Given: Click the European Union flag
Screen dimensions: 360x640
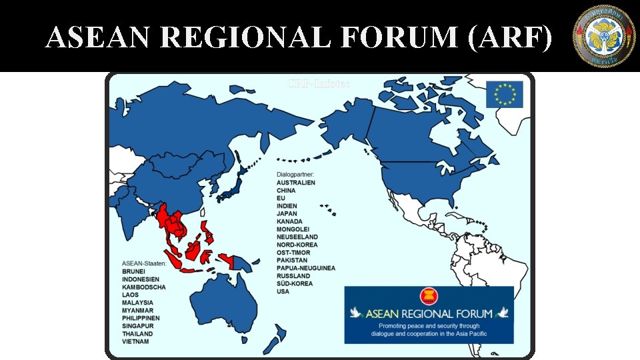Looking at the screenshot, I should [x=504, y=94].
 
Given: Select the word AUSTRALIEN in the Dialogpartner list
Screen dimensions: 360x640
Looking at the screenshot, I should [x=296, y=183].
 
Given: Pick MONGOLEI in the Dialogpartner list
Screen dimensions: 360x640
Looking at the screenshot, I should [x=293, y=229].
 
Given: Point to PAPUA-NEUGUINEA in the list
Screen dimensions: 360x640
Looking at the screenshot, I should [x=306, y=268].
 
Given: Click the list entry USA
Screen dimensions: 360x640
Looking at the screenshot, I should [x=283, y=291].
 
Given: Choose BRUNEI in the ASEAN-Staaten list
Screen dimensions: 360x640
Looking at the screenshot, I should [x=133, y=272].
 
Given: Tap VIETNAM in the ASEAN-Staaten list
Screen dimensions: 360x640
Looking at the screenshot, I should [x=135, y=341].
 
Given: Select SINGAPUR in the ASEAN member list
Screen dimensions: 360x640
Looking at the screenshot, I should [x=139, y=326].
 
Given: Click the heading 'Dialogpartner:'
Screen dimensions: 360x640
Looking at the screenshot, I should [x=295, y=175].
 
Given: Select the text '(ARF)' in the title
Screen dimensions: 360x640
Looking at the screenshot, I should [x=511, y=39].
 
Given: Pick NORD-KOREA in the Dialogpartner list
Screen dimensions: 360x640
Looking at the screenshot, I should [x=297, y=245].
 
